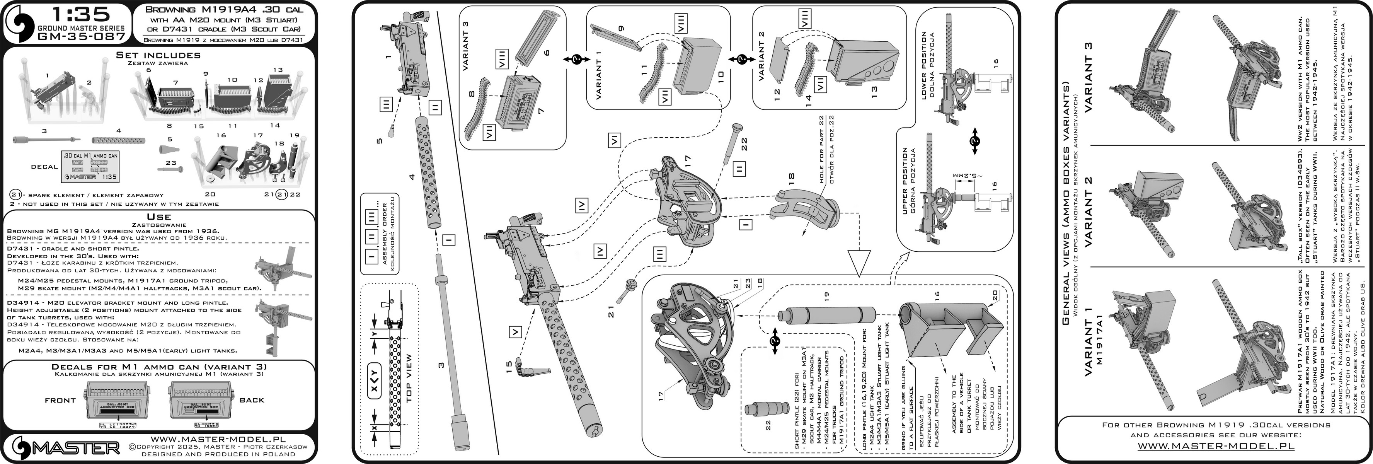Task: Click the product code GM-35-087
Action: (x=82, y=36)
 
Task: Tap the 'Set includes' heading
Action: (x=158, y=55)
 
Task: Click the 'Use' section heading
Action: (x=159, y=217)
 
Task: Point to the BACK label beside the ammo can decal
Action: (x=252, y=400)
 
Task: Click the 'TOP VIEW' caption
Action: (x=409, y=378)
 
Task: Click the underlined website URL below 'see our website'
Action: (x=1215, y=445)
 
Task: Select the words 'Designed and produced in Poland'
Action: (x=218, y=454)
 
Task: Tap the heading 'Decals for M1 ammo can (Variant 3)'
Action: (x=159, y=367)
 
